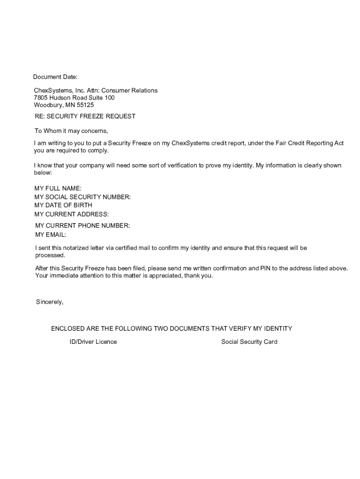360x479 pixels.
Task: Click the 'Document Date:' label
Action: point(55,77)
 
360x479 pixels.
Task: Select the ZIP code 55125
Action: point(85,105)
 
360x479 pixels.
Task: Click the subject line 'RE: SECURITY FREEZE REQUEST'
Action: point(85,116)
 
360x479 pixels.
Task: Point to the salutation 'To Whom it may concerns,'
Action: point(72,131)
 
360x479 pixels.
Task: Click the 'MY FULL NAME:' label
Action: point(58,189)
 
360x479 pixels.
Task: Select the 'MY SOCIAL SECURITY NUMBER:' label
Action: point(83,197)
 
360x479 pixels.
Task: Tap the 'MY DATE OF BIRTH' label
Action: point(63,205)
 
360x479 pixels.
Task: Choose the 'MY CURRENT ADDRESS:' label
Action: point(72,214)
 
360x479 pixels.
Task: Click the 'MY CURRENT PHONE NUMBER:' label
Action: point(83,226)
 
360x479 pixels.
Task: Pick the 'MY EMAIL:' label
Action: point(51,234)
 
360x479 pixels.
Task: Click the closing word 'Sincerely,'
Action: point(50,302)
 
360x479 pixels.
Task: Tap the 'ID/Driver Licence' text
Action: point(93,342)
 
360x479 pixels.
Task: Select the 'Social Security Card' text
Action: point(249,342)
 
